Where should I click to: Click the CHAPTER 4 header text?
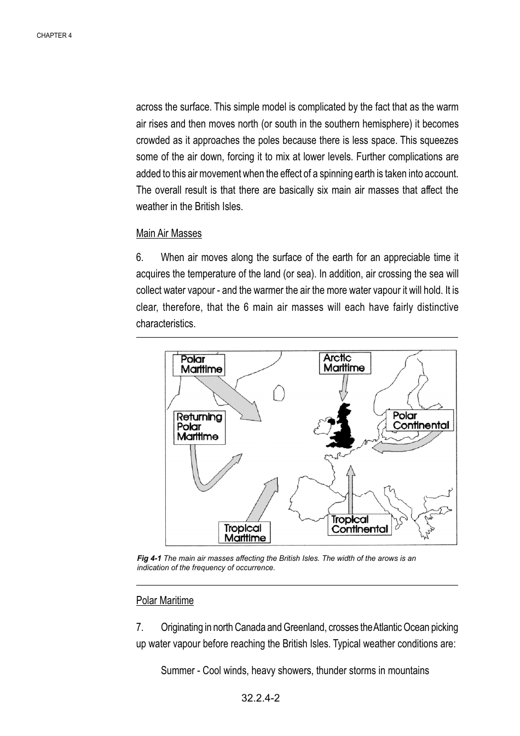(x=54, y=36)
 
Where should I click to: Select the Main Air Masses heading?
(x=169, y=234)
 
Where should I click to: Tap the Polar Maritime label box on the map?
(x=199, y=364)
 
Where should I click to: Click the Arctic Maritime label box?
(x=345, y=363)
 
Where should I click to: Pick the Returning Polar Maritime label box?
(x=200, y=427)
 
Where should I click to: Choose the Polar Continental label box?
(x=420, y=420)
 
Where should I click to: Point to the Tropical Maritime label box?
(x=245, y=532)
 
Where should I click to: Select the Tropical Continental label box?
(x=360, y=524)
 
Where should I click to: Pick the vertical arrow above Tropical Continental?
(x=351, y=490)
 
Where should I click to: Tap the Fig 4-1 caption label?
(x=149, y=559)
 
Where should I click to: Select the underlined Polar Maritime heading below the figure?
(x=165, y=601)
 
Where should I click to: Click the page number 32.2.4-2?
(x=261, y=699)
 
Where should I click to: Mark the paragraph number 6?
(x=140, y=258)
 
